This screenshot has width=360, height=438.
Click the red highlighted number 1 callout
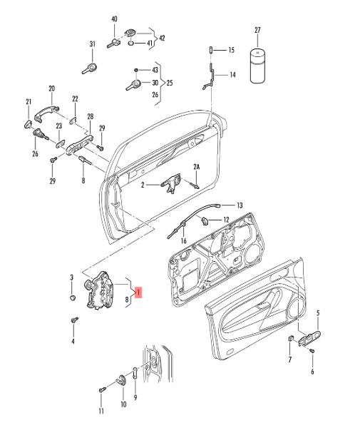pos(139,292)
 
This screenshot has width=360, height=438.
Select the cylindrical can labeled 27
pos(257,66)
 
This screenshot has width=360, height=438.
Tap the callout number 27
pos(257,30)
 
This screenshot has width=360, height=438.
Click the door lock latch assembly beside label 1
pos(99,290)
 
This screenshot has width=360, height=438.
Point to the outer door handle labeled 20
pos(46,113)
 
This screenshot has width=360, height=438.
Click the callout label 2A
pos(197,167)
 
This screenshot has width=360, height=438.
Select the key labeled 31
pos(90,68)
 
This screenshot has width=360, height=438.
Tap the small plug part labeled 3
pos(72,297)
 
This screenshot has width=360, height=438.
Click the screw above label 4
pos(75,320)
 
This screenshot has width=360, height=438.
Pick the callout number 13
pos(240,205)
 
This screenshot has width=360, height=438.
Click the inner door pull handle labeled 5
pos(310,337)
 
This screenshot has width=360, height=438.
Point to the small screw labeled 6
pos(312,350)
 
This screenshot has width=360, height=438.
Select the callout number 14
pos(232,75)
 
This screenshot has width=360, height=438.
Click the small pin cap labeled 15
pos(211,50)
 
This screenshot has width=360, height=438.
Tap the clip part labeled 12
pos(205,221)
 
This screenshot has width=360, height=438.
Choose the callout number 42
pos(162,38)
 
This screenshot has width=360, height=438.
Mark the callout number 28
pos(90,116)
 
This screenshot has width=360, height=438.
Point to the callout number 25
pos(170,83)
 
